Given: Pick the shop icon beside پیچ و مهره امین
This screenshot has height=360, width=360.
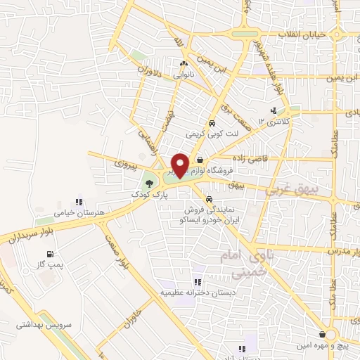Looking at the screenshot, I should (x=321, y=335).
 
